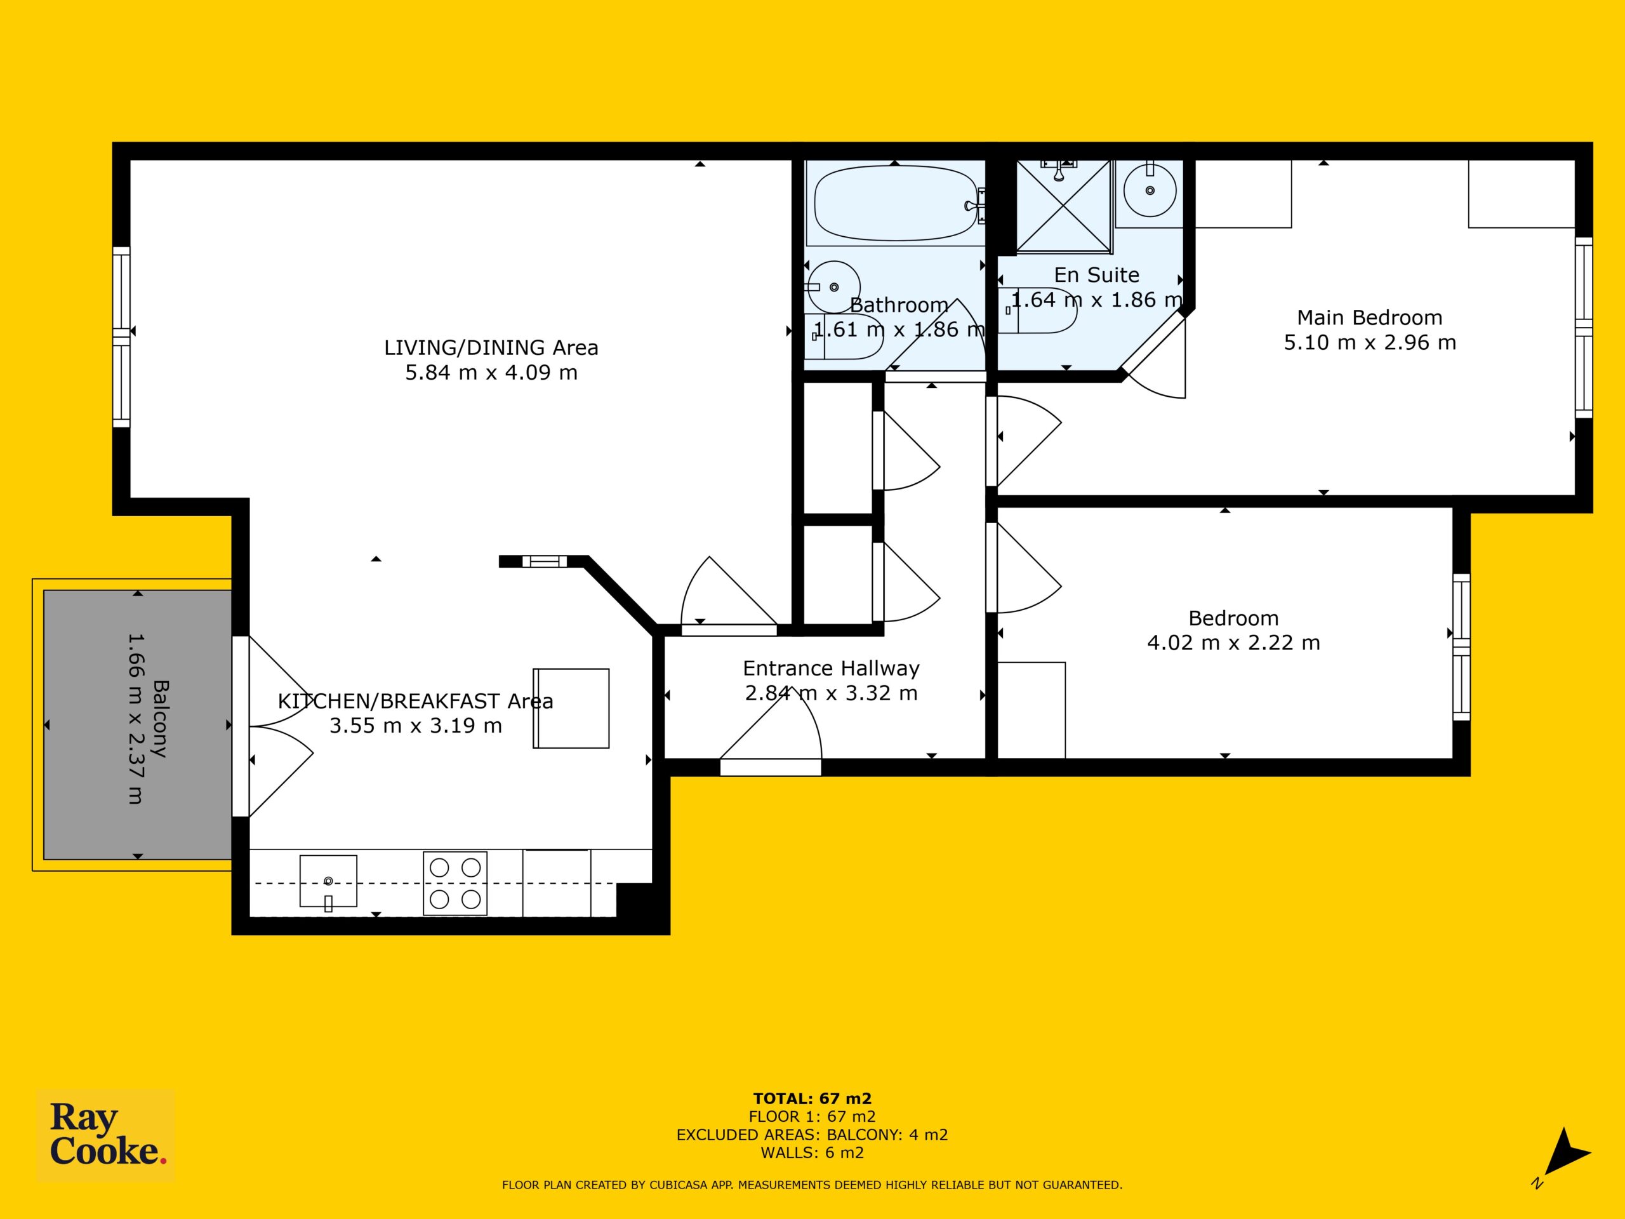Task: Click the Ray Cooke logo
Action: pos(106,1135)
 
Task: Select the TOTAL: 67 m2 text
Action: pos(812,1098)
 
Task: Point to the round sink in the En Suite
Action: pos(1150,190)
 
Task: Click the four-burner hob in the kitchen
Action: pos(454,883)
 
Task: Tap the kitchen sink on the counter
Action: pos(328,881)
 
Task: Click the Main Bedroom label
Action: pos(1369,317)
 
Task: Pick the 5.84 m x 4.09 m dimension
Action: pos(491,373)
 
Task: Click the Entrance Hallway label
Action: pos(831,669)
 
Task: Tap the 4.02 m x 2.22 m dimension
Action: pos(1233,643)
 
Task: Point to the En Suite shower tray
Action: pos(1063,207)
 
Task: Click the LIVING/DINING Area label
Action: pos(491,347)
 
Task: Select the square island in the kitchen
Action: pos(571,709)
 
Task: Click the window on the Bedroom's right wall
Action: pos(1462,646)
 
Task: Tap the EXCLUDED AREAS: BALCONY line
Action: pos(812,1135)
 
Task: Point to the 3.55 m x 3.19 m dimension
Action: pos(416,726)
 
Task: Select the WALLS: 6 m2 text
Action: pos(812,1152)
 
